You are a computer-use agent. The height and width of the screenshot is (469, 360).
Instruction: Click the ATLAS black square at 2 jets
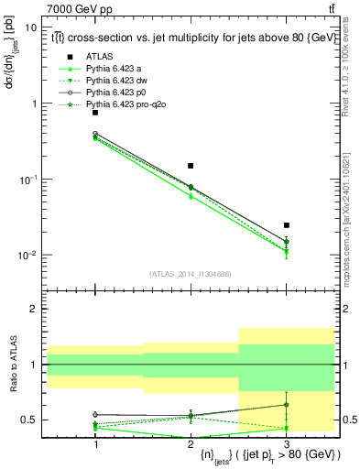coord(191,166)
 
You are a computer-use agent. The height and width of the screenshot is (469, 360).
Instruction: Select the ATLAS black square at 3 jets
coord(286,224)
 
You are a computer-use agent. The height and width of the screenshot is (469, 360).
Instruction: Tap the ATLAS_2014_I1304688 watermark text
coord(191,274)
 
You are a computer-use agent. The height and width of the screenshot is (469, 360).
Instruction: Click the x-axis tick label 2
coord(191,443)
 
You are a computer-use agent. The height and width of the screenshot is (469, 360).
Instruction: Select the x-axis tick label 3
coord(286,443)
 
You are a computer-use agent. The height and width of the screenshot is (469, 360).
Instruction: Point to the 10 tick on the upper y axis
coord(31,27)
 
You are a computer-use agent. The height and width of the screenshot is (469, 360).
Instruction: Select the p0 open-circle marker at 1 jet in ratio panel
coord(95,414)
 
